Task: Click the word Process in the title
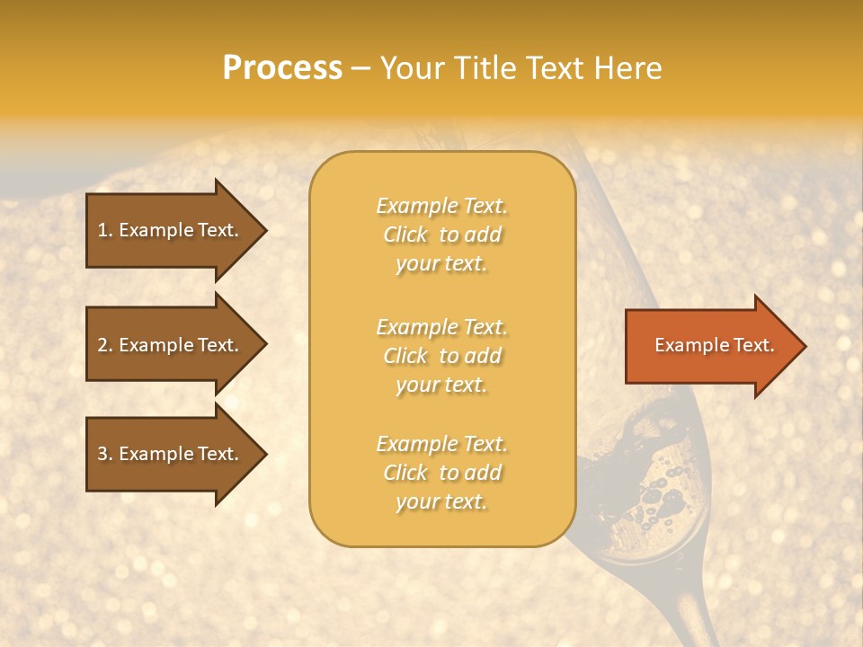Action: (282, 68)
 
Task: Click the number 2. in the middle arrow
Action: (105, 345)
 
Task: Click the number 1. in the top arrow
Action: (105, 230)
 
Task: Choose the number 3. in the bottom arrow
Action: (105, 454)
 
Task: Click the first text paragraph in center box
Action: (441, 235)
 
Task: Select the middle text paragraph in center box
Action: (441, 356)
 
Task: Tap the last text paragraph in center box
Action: (441, 473)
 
